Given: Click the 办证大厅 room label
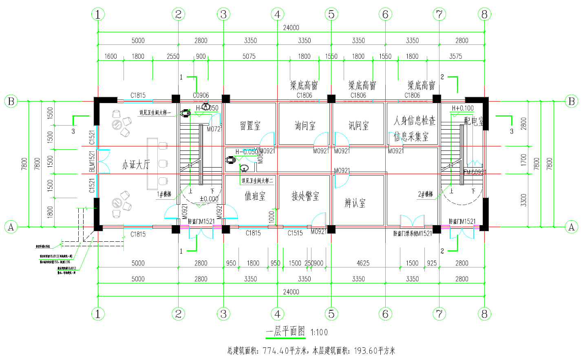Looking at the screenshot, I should (x=136, y=165).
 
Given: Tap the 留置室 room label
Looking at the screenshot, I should (x=250, y=126).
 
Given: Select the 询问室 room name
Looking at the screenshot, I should (x=305, y=126).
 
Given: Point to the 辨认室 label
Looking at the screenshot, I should (x=355, y=203).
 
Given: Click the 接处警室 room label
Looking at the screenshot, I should (x=305, y=196).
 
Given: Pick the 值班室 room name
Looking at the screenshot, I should (x=255, y=196).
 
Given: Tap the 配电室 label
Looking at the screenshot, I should (x=474, y=121).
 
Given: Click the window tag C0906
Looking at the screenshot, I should (x=201, y=95).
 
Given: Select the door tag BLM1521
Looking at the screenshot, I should (x=92, y=161).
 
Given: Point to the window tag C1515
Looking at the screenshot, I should (x=295, y=233).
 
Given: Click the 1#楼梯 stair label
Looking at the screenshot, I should (x=164, y=194).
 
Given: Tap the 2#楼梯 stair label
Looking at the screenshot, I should (x=425, y=194).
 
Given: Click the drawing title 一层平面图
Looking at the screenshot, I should (x=285, y=331).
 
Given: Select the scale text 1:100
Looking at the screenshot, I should (x=319, y=332).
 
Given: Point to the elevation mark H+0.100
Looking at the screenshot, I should (x=463, y=108).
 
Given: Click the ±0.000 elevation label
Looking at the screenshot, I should (x=209, y=199).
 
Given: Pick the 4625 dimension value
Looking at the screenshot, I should (x=363, y=263).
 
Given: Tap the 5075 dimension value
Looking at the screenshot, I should (x=249, y=56).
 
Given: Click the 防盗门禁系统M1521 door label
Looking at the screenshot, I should (x=413, y=234).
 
